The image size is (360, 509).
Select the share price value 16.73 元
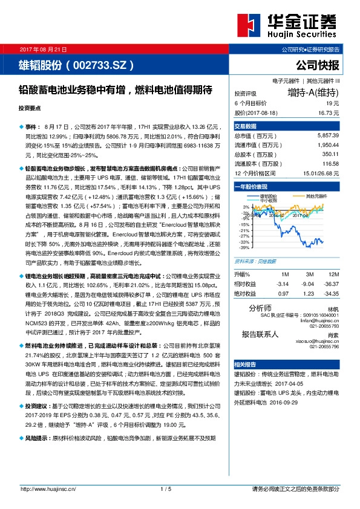pos(329,113)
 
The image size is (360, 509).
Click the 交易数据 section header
pos(246,126)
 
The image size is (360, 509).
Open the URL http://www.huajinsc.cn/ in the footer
pos(47,488)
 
